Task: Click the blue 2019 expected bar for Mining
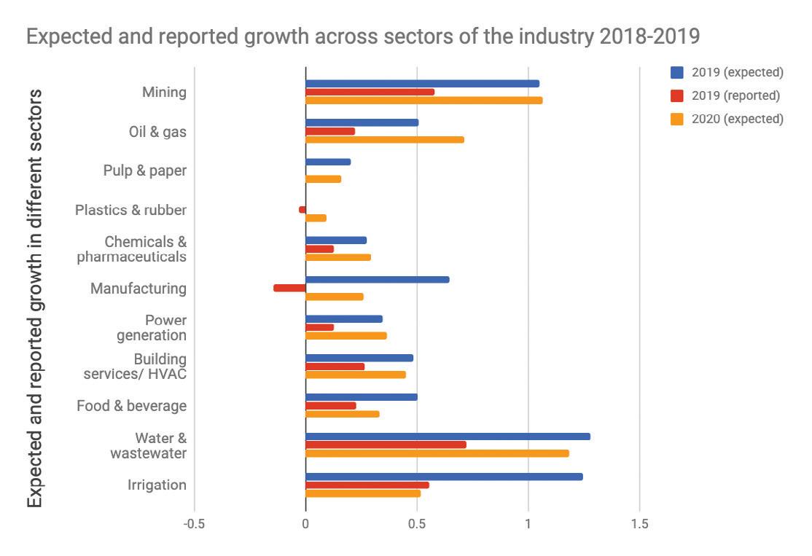click(422, 84)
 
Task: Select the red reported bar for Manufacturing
click(289, 288)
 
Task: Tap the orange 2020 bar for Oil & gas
click(384, 139)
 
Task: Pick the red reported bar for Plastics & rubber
click(302, 210)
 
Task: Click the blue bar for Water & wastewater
click(448, 436)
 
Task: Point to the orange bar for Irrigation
click(363, 493)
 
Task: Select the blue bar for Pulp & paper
click(328, 162)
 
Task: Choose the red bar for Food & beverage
click(331, 406)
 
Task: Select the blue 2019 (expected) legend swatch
click(677, 72)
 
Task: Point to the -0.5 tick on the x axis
click(194, 523)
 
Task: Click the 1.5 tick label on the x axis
click(639, 523)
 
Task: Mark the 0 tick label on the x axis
click(305, 523)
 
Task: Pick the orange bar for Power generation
click(346, 336)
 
